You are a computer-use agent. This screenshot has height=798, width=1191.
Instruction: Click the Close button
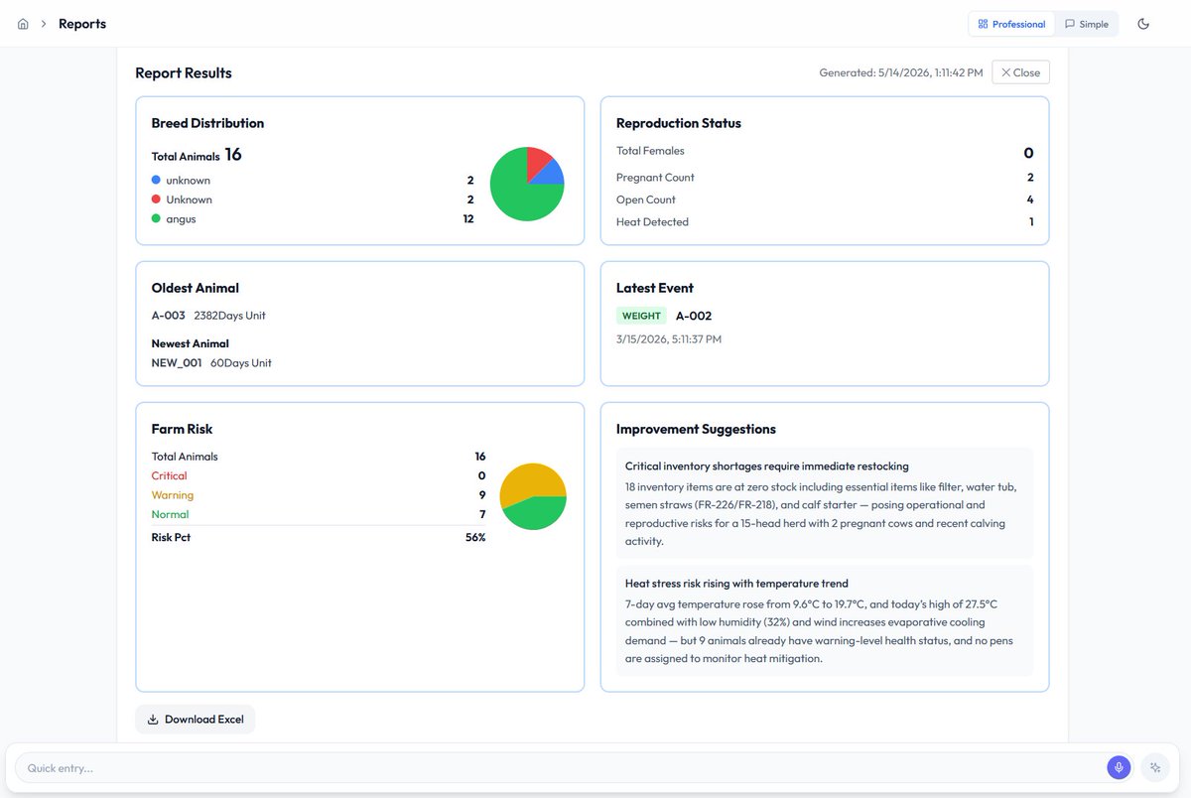1020,72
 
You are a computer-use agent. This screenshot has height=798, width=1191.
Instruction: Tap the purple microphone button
1119,767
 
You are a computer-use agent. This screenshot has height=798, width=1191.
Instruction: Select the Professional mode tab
1011,24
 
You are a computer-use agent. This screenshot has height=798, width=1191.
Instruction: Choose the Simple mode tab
1086,24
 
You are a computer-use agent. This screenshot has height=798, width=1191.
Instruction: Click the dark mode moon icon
1143,24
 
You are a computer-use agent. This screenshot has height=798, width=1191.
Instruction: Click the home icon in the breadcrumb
23,24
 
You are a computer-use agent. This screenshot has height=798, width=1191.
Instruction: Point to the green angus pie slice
518,195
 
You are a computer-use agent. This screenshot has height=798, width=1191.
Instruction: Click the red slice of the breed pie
537,161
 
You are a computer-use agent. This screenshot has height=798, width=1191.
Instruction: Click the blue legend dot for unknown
156,180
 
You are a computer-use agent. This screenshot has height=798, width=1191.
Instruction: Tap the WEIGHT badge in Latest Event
641,316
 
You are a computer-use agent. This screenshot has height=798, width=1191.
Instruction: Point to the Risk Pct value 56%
475,538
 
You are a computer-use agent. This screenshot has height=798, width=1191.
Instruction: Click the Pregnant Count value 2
1030,177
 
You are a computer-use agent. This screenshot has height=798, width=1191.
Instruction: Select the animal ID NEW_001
177,363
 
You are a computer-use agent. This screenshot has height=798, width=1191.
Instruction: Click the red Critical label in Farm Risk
169,475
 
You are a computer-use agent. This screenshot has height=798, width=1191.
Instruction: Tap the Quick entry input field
558,767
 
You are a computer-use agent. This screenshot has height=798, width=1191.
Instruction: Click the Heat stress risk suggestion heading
736,584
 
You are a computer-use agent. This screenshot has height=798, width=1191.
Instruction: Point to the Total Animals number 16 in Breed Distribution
233,155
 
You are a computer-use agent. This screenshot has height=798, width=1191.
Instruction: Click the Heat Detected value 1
1031,221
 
